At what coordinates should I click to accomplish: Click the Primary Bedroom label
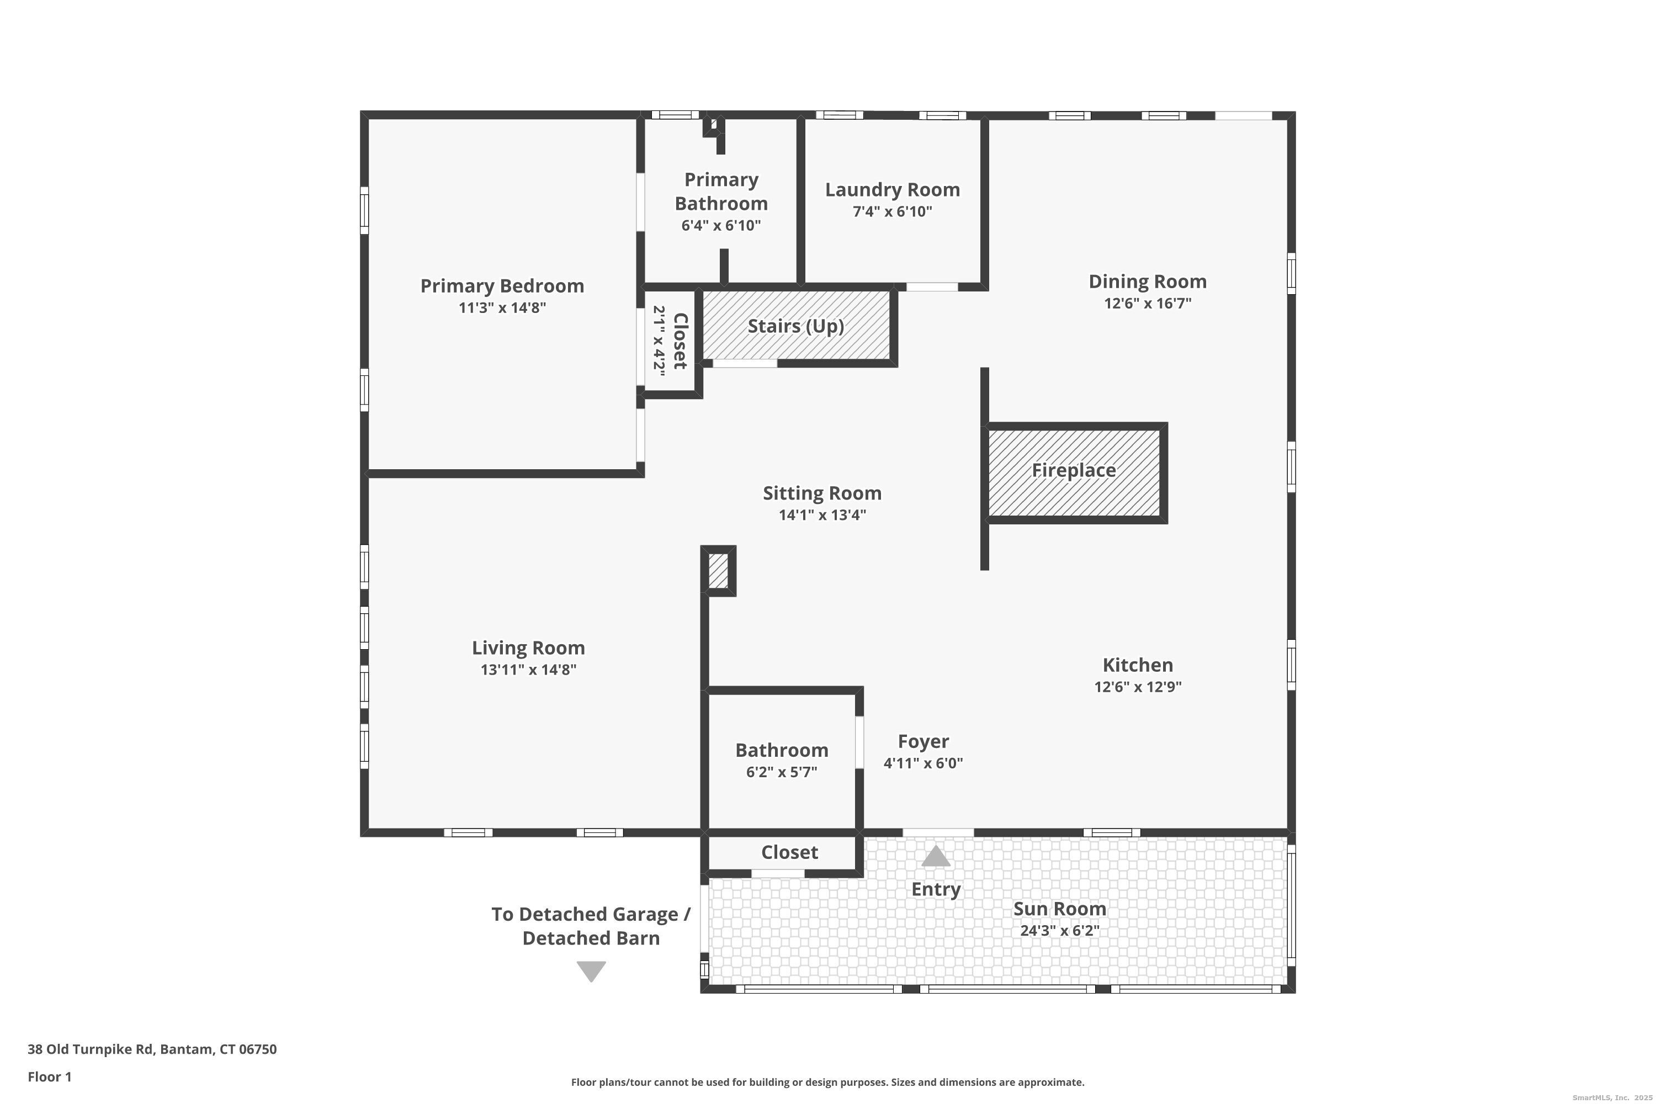[x=502, y=286]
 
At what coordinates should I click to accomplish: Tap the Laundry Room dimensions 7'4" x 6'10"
[x=892, y=211]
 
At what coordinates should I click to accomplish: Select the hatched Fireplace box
[x=1074, y=472]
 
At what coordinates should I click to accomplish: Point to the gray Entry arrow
[x=936, y=856]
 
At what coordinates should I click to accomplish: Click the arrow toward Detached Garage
[x=591, y=971]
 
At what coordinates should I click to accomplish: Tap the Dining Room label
[x=1147, y=282]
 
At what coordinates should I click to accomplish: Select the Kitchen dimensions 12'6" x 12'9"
[x=1137, y=687]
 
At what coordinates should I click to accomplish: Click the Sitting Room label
[x=822, y=493]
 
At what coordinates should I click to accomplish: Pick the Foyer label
[x=923, y=741]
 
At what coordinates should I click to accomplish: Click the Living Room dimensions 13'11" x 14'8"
[x=528, y=670]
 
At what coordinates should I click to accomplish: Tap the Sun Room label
[x=1059, y=909]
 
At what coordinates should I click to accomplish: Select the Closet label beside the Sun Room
[x=789, y=853]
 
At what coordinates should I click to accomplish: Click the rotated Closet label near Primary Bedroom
[x=680, y=341]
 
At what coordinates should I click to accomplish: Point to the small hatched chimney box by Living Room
[x=718, y=571]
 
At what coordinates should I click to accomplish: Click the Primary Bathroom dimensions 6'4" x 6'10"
[x=721, y=226]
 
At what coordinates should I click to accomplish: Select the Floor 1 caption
[x=49, y=1076]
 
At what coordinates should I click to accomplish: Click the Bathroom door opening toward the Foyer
[x=859, y=742]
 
